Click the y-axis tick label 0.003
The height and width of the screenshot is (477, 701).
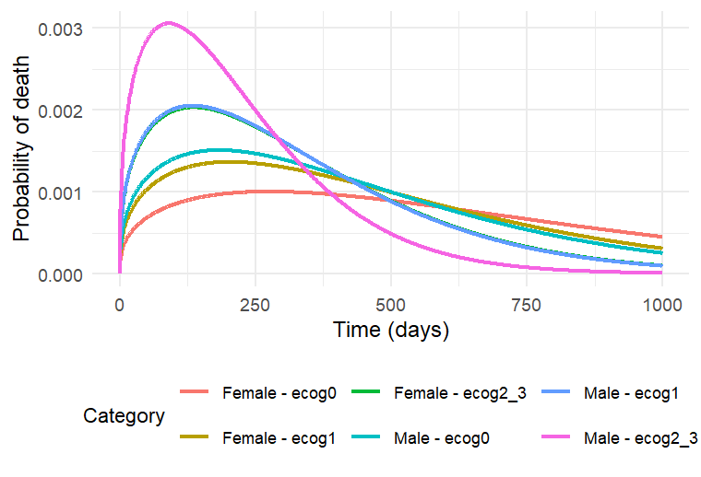pos(60,29)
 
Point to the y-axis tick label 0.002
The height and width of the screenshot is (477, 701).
pos(60,111)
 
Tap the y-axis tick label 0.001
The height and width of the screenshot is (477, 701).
pos(60,192)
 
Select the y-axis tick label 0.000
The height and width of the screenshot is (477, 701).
pos(60,274)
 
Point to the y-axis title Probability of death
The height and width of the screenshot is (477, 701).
pos(21,151)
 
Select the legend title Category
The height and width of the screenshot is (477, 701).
pos(124,416)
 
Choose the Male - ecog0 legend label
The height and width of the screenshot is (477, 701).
pos(445,438)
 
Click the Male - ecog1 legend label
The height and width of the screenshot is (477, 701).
pos(631,393)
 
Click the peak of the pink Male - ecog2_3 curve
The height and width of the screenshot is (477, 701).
pos(169,22)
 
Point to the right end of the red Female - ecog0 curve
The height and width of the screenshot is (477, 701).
pos(661,237)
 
